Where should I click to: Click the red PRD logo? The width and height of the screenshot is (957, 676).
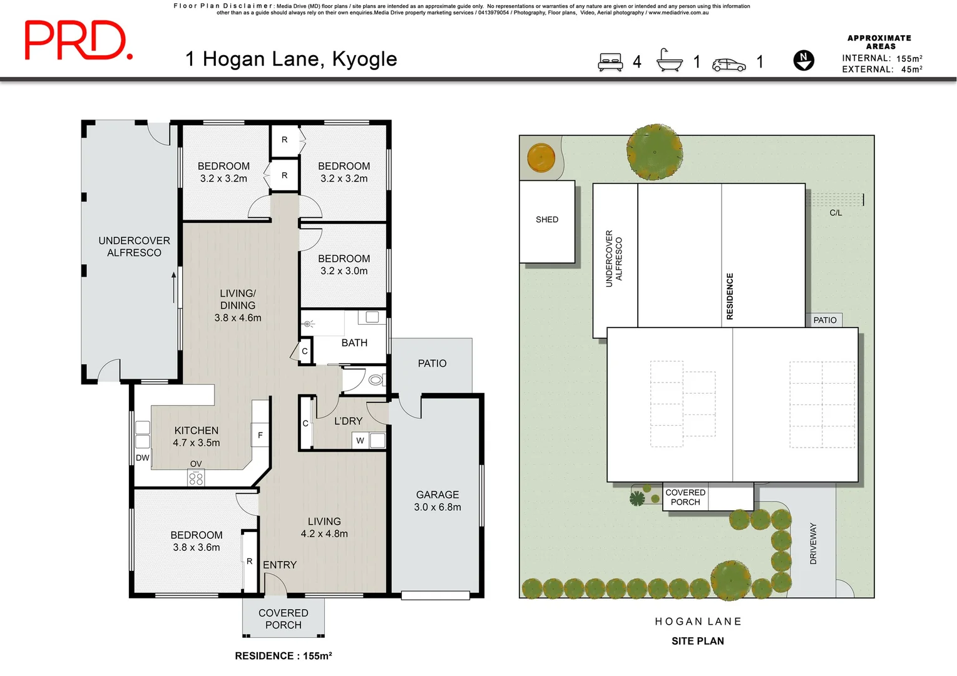click(x=78, y=41)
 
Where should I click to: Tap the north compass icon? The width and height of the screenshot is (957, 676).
click(x=804, y=60)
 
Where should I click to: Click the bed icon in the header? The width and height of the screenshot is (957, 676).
click(x=610, y=62)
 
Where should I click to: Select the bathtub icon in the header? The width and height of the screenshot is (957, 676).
click(x=669, y=61)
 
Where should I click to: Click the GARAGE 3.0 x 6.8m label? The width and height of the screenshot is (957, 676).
click(x=438, y=501)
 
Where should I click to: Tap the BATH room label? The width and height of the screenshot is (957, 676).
click(x=354, y=343)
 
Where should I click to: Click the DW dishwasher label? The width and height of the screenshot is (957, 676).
click(x=143, y=458)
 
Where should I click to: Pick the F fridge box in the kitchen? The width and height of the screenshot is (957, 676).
click(x=260, y=435)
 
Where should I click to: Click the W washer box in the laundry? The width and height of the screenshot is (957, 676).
click(x=360, y=441)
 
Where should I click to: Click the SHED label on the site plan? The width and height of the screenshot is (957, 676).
click(x=547, y=220)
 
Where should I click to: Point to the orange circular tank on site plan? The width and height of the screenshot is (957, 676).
click(x=541, y=157)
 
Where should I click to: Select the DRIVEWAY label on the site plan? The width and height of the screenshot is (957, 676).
click(x=813, y=543)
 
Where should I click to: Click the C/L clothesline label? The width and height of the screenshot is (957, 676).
click(x=836, y=213)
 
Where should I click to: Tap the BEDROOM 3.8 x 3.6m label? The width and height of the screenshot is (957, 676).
click(x=197, y=541)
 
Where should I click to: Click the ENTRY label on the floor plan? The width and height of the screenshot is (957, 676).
click(x=280, y=565)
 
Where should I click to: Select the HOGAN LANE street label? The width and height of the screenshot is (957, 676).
click(x=698, y=622)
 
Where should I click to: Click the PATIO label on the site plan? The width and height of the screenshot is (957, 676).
click(x=824, y=320)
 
